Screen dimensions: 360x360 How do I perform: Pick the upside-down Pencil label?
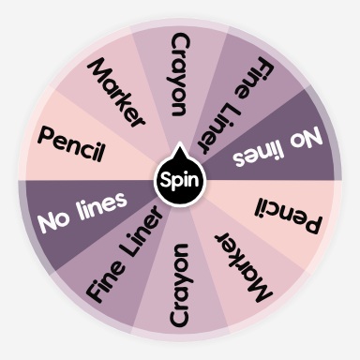pos(289,215)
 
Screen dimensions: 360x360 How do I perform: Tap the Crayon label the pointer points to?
pos(180,75)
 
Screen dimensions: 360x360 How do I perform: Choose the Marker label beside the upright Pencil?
pos(117,92)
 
